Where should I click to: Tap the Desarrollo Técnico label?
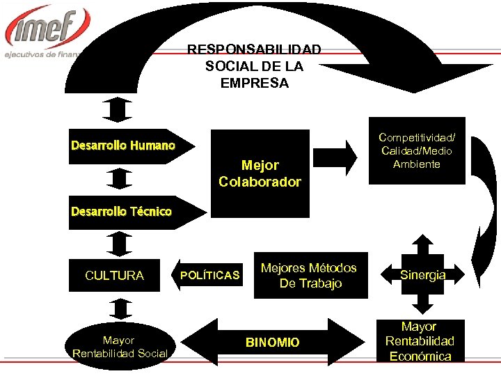coord(121,212)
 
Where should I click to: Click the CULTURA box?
coord(114,276)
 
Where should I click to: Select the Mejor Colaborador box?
coord(260,173)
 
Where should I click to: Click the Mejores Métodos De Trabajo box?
coord(309,276)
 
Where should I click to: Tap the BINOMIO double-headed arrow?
coord(272,343)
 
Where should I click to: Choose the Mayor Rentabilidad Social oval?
coord(120,347)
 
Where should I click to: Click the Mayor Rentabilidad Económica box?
coord(420,341)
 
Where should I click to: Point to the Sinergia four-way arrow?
coord(422,275)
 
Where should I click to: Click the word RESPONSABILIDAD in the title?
coord(254,50)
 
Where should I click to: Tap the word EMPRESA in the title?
coord(254,83)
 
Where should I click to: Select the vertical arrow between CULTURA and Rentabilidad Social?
coord(120,309)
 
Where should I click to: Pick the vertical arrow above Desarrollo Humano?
coord(120,109)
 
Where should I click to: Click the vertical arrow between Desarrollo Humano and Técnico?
coord(120,179)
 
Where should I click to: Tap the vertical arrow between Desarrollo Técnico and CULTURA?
coord(120,244)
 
